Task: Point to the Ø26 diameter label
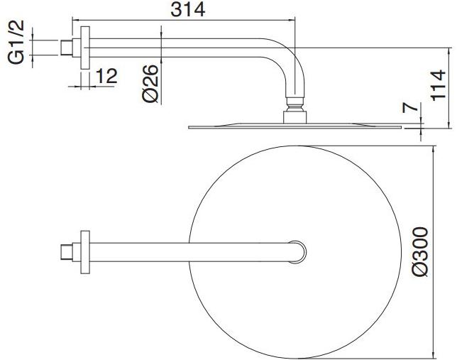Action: coord(151,84)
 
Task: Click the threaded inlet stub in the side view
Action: coord(69,48)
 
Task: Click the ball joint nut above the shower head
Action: coord(294,113)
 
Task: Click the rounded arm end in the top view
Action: coord(301,251)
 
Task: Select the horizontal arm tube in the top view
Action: coord(192,251)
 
